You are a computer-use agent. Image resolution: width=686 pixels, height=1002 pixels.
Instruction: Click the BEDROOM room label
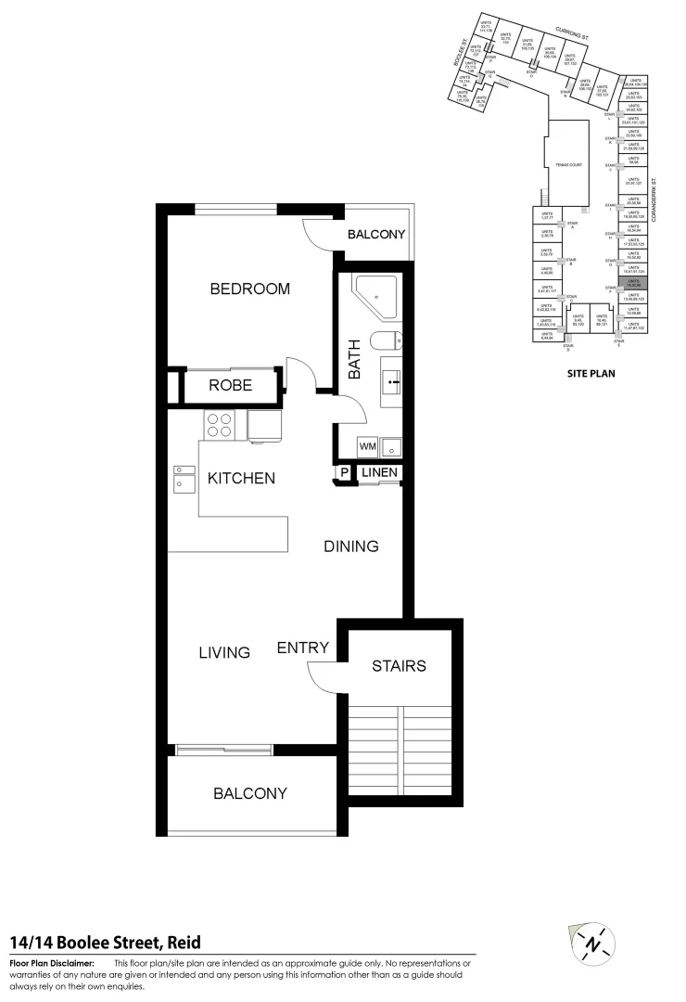(249, 289)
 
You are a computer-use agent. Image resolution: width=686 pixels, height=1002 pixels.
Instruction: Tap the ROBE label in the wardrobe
(230, 385)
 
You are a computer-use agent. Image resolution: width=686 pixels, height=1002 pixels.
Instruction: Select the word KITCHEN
(240, 479)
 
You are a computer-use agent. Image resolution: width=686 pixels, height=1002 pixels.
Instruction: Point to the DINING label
(350, 546)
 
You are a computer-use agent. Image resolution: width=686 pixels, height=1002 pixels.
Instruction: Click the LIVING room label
(224, 652)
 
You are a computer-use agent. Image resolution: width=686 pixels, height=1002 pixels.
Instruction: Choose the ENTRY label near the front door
(303, 648)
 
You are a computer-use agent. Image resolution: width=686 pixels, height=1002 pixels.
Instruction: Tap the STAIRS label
(399, 665)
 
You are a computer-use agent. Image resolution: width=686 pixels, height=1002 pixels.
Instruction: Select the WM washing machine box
(367, 447)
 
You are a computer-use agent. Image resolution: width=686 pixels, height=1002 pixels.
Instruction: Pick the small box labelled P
(344, 473)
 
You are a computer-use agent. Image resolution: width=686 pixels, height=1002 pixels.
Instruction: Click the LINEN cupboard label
(379, 473)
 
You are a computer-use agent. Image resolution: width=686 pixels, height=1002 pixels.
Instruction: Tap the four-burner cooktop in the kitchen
(220, 425)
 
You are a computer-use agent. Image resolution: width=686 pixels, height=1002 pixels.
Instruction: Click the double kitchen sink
(182, 478)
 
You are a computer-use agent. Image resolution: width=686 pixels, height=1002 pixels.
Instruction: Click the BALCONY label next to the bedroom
(375, 235)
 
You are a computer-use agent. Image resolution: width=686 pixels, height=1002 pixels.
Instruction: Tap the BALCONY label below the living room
(249, 793)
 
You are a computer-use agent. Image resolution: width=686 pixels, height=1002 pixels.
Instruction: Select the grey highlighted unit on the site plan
(633, 284)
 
